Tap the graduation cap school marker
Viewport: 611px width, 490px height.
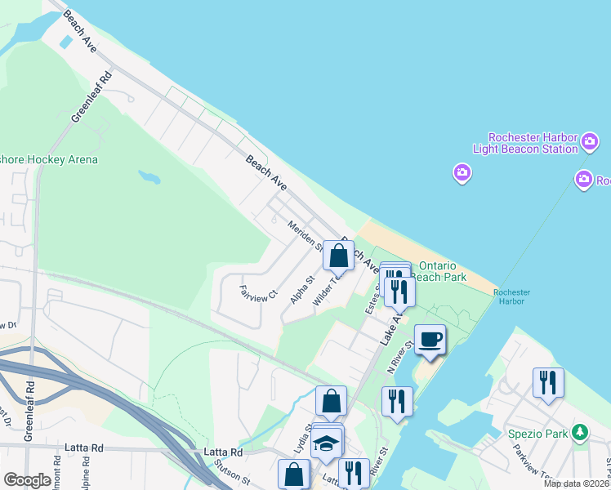coord(327,443)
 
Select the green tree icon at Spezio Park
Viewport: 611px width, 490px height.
coord(580,432)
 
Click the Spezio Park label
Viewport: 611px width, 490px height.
coord(537,433)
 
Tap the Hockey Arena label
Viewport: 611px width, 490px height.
coord(49,159)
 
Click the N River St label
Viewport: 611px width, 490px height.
coord(401,357)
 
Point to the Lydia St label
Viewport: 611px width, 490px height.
coord(301,439)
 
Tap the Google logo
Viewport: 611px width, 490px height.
coord(27,480)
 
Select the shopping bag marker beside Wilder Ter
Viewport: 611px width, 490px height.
coord(339,256)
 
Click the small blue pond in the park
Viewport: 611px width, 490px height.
coord(149,176)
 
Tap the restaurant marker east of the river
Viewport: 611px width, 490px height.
coord(546,382)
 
